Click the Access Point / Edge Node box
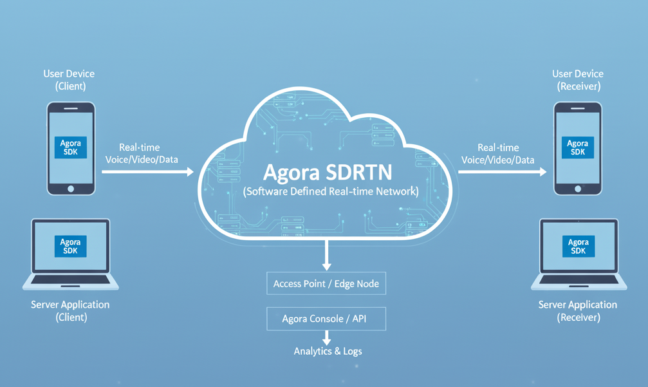pos(326,283)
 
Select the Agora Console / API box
pos(326,319)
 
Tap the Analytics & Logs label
pos(328,352)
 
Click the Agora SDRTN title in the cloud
pos(327,173)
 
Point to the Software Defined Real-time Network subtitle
pos(331,191)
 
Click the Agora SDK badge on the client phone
pos(70,147)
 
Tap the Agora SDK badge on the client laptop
pos(70,246)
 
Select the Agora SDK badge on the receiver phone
pos(577,147)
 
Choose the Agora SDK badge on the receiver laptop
pos(578,246)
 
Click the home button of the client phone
pos(71,188)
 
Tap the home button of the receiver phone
pos(578,188)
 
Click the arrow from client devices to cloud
pos(148,172)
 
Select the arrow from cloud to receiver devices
pos(502,172)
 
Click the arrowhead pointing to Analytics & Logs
pos(327,339)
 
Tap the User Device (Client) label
pos(69,80)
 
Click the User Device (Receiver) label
pos(579,80)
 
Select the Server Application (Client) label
pos(71,310)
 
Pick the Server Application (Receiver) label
pos(578,310)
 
